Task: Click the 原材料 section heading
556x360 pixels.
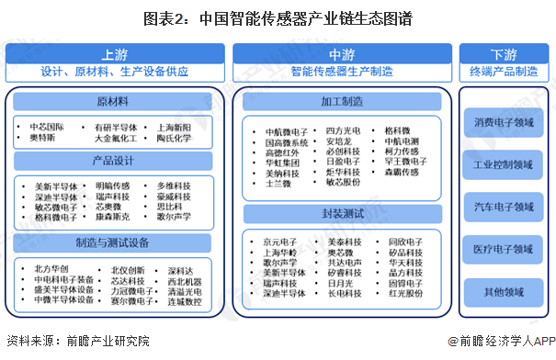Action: tap(114, 101)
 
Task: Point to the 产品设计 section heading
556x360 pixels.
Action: tap(114, 161)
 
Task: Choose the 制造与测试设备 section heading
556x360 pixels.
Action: tap(114, 243)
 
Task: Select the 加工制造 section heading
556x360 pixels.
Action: tap(341, 101)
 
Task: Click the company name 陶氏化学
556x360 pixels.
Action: tap(173, 139)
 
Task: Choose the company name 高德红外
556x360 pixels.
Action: tap(284, 152)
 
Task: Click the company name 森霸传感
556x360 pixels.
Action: tap(401, 172)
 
